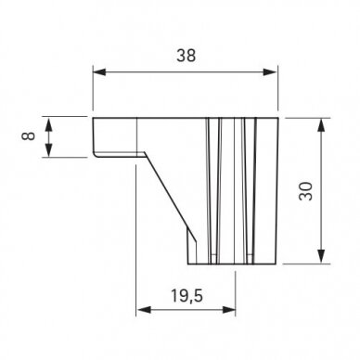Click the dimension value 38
(186, 56)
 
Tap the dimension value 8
(29, 136)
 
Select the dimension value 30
(306, 191)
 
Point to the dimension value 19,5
(187, 296)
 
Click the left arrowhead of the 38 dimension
(99, 72)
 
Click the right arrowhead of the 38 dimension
(270, 72)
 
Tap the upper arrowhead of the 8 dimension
(48, 125)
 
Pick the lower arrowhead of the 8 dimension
(48, 149)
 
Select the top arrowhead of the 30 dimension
(322, 125)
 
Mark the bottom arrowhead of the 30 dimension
(322, 256)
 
